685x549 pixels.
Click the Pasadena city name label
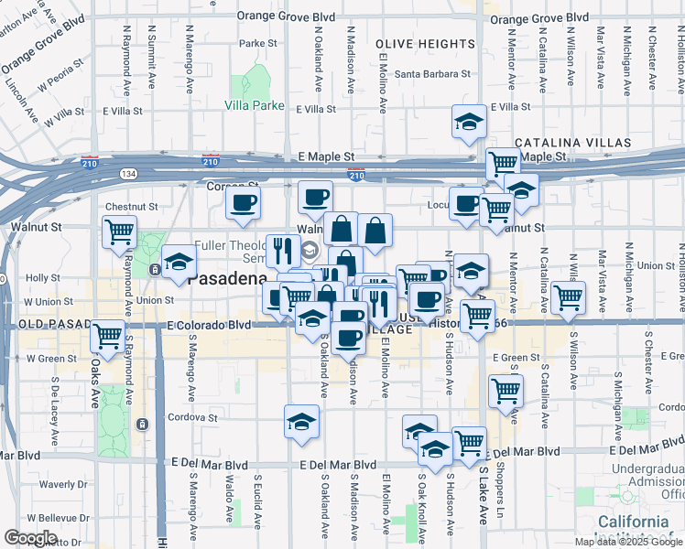coord(227,281)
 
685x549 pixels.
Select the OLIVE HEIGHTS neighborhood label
coord(425,43)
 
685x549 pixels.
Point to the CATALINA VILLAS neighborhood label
coord(572,144)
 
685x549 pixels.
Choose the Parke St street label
coord(258,43)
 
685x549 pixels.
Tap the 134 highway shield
coord(127,173)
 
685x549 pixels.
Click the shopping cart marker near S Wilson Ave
coord(568,297)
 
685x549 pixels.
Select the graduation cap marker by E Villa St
coord(468,123)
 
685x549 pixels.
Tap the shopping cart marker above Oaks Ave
coord(108,336)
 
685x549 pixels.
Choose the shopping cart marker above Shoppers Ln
coord(505,391)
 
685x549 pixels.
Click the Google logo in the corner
coord(29,538)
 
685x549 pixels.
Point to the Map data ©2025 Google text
coord(628,542)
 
